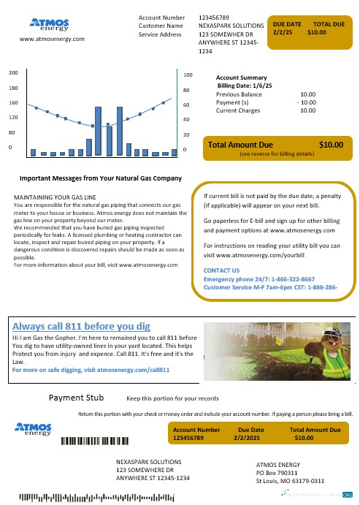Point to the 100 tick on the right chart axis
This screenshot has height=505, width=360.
click(188, 75)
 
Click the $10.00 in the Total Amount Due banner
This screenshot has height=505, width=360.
click(331, 145)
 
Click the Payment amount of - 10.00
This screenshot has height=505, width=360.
click(305, 102)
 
